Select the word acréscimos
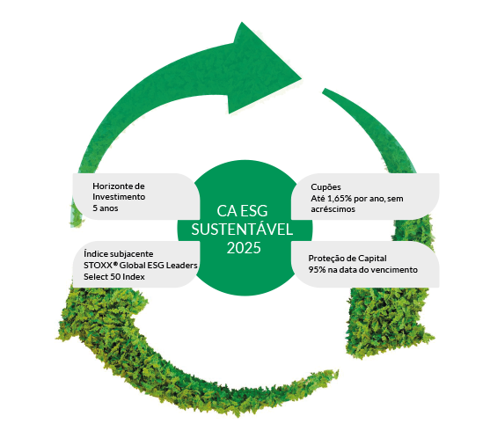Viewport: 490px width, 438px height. (x=333, y=209)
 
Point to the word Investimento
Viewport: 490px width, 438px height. (x=119, y=197)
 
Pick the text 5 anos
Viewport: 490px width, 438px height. (x=106, y=208)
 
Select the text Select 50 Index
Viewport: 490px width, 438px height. (x=114, y=277)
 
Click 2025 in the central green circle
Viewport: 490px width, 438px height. (x=244, y=248)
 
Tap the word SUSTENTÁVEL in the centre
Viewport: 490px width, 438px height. (x=242, y=229)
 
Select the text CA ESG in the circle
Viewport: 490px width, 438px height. (x=242, y=211)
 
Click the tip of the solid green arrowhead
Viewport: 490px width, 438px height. (x=301, y=78)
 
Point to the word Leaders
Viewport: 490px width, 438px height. (x=181, y=266)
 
